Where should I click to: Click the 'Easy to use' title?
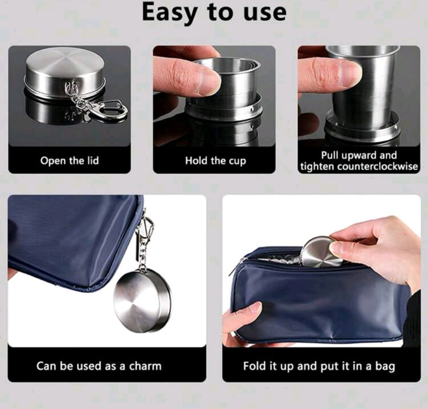(x=214, y=13)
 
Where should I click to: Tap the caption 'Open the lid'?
(x=70, y=161)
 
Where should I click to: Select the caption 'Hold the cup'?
(x=216, y=161)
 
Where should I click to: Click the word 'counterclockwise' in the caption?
(x=377, y=166)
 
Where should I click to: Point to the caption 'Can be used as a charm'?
(x=99, y=366)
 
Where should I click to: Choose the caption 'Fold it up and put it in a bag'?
(x=319, y=366)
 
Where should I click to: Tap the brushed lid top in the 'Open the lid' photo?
(x=65, y=64)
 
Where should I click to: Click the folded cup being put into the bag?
(x=322, y=252)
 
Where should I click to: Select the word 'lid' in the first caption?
(x=93, y=160)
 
